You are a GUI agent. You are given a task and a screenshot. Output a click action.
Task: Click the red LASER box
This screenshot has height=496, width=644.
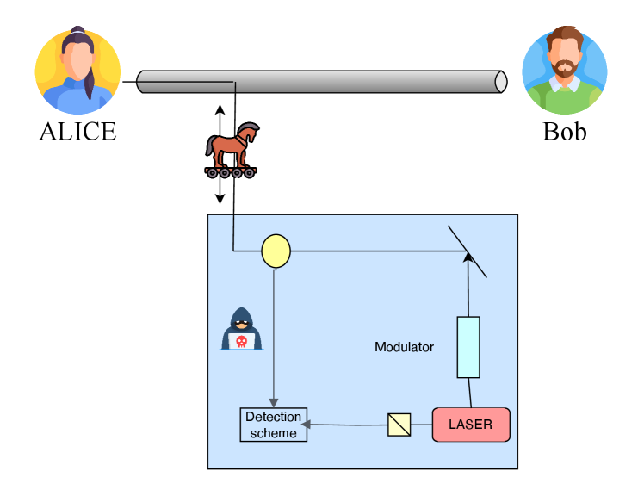tap(471, 425)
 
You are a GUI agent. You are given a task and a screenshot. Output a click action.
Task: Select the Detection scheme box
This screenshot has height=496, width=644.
tap(273, 425)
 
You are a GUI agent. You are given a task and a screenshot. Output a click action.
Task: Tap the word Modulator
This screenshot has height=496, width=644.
tap(404, 347)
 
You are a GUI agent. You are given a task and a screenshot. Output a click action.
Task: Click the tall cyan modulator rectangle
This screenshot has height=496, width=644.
tap(468, 347)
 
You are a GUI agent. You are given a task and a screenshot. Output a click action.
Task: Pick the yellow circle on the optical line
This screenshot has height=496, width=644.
tap(276, 251)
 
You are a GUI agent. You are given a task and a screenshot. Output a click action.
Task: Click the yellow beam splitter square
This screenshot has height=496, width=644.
tap(399, 425)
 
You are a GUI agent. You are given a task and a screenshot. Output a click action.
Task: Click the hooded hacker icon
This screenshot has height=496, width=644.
tap(242, 329)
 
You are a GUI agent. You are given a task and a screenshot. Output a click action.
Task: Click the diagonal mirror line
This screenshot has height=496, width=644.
tap(468, 251)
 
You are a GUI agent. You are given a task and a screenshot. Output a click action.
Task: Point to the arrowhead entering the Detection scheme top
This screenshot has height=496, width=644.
tap(274, 403)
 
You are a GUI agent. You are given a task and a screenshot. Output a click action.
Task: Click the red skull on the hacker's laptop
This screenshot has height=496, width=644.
tap(241, 341)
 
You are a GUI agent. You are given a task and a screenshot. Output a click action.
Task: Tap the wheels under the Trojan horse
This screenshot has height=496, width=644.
tap(231, 172)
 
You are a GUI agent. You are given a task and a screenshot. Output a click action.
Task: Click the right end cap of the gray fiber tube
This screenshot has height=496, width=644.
tap(500, 82)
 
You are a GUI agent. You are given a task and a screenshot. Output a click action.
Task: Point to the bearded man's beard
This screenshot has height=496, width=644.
tap(565, 70)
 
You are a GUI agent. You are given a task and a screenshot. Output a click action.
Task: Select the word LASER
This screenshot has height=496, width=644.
tap(471, 425)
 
